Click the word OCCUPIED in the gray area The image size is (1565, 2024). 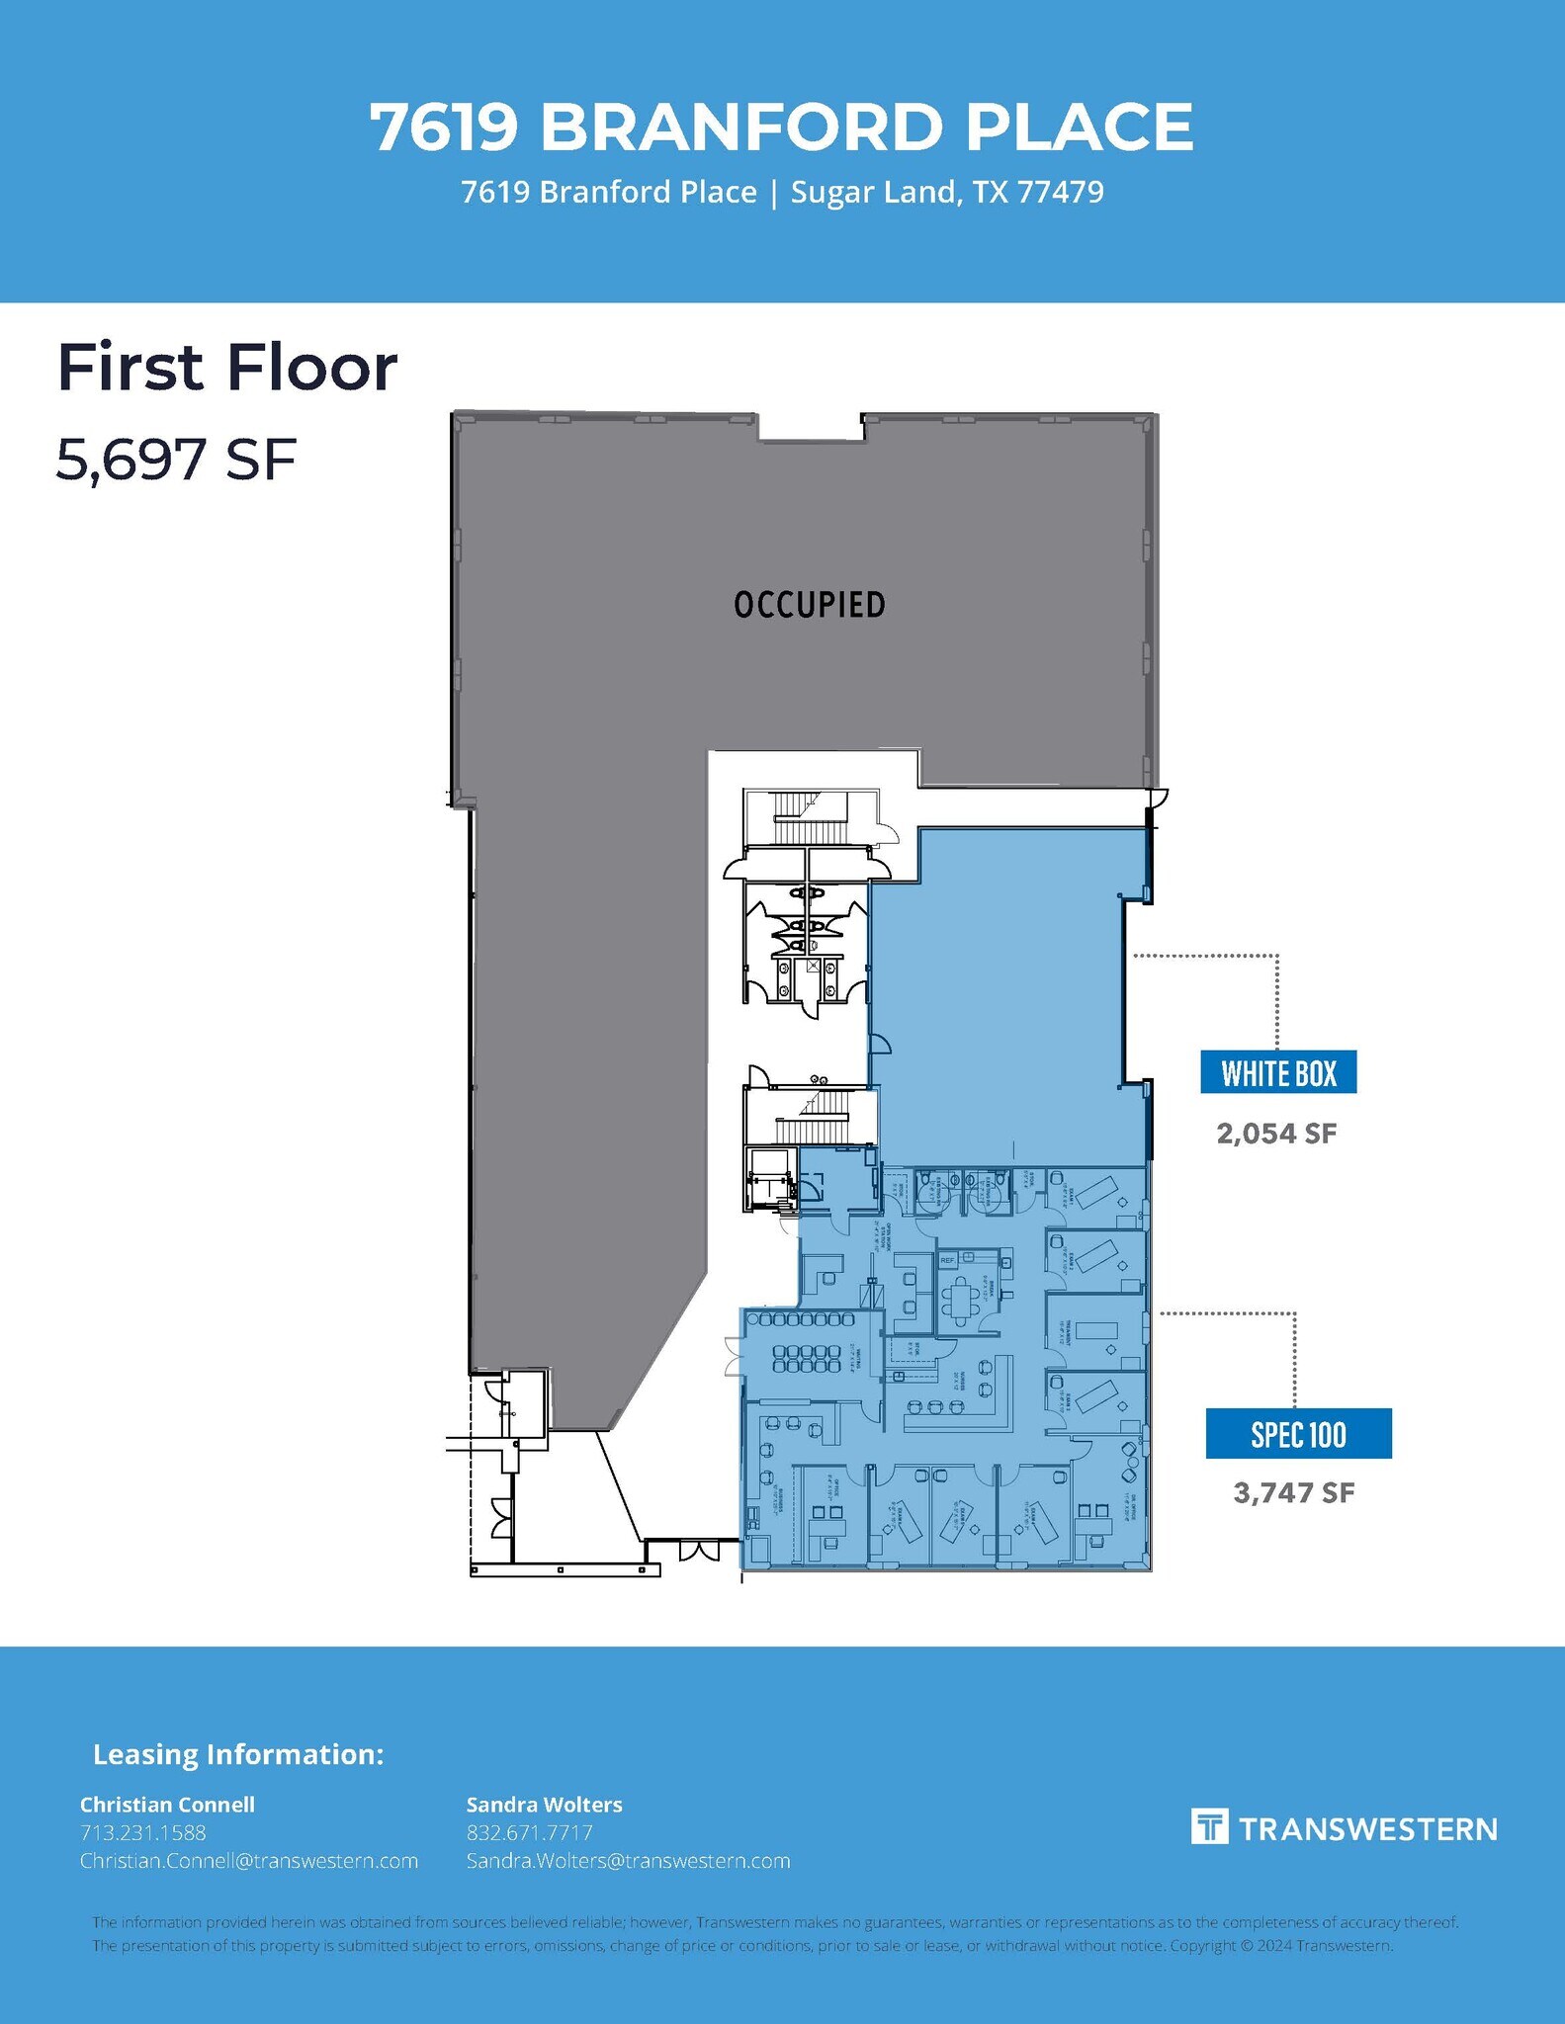(809, 605)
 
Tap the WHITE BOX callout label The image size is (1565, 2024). (1278, 1072)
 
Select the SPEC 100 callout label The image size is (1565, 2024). (1298, 1434)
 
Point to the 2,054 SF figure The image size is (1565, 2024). (1276, 1134)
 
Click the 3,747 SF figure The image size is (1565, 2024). (1293, 1492)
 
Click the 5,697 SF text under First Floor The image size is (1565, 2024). (176, 460)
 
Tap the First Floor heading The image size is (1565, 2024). (227, 368)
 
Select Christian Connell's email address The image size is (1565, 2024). (249, 1861)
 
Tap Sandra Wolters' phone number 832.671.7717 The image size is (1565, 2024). (529, 1832)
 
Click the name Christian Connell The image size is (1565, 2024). (167, 1805)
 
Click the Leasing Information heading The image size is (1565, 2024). (237, 1754)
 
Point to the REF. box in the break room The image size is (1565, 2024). (948, 1261)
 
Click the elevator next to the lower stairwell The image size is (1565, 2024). (769, 1178)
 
